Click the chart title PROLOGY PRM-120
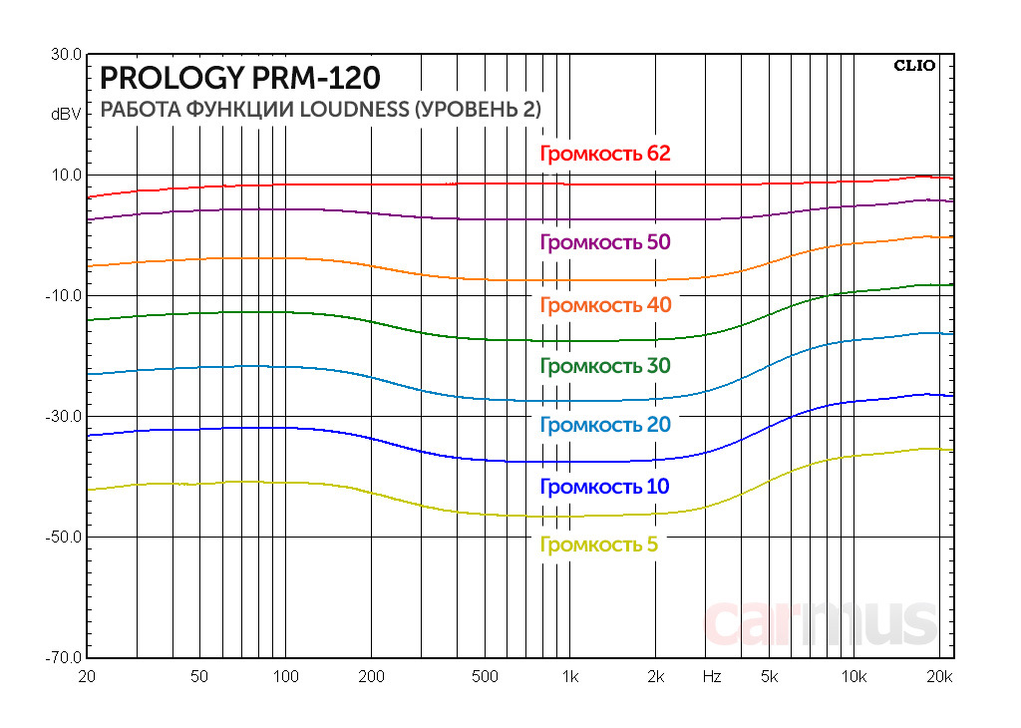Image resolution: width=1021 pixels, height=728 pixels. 240,78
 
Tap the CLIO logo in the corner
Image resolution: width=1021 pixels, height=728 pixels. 913,67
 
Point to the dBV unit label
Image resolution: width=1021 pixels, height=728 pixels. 66,115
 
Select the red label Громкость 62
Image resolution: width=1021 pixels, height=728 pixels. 604,154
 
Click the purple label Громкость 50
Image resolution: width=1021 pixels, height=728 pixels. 604,242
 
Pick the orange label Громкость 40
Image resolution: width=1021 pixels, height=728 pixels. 604,305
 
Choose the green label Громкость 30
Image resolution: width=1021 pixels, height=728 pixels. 604,366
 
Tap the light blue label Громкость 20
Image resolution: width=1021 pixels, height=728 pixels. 604,425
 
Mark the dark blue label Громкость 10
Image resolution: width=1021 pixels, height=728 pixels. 604,487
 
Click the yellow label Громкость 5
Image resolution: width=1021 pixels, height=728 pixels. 598,545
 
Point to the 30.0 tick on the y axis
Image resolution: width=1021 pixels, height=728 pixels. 66,55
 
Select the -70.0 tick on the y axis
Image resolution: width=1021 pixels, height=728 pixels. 64,658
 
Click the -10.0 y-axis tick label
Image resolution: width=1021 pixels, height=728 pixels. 64,296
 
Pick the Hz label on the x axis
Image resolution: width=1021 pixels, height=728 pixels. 711,677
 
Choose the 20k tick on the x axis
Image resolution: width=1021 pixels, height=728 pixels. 939,677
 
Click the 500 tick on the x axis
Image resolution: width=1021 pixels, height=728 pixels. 484,677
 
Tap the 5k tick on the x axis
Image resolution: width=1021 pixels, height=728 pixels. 768,677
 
